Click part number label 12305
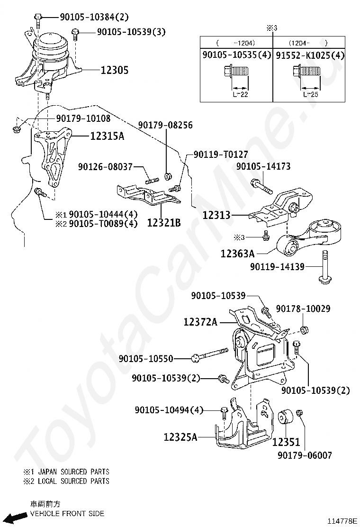pyautogui.click(x=115, y=70)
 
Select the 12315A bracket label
pyautogui.click(x=107, y=136)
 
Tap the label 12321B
pyautogui.click(x=163, y=222)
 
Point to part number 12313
pyautogui.click(x=216, y=215)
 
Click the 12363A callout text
pyautogui.click(x=237, y=254)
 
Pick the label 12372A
pyautogui.click(x=200, y=322)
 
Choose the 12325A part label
pyautogui.click(x=180, y=437)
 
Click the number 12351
pyautogui.click(x=286, y=442)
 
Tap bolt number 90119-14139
pyautogui.click(x=277, y=267)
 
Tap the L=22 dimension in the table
pyautogui.click(x=240, y=94)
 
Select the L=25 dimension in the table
pyautogui.click(x=311, y=94)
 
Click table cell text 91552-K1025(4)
pyautogui.click(x=310, y=55)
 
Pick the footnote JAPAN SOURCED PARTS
pyautogui.click(x=73, y=472)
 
